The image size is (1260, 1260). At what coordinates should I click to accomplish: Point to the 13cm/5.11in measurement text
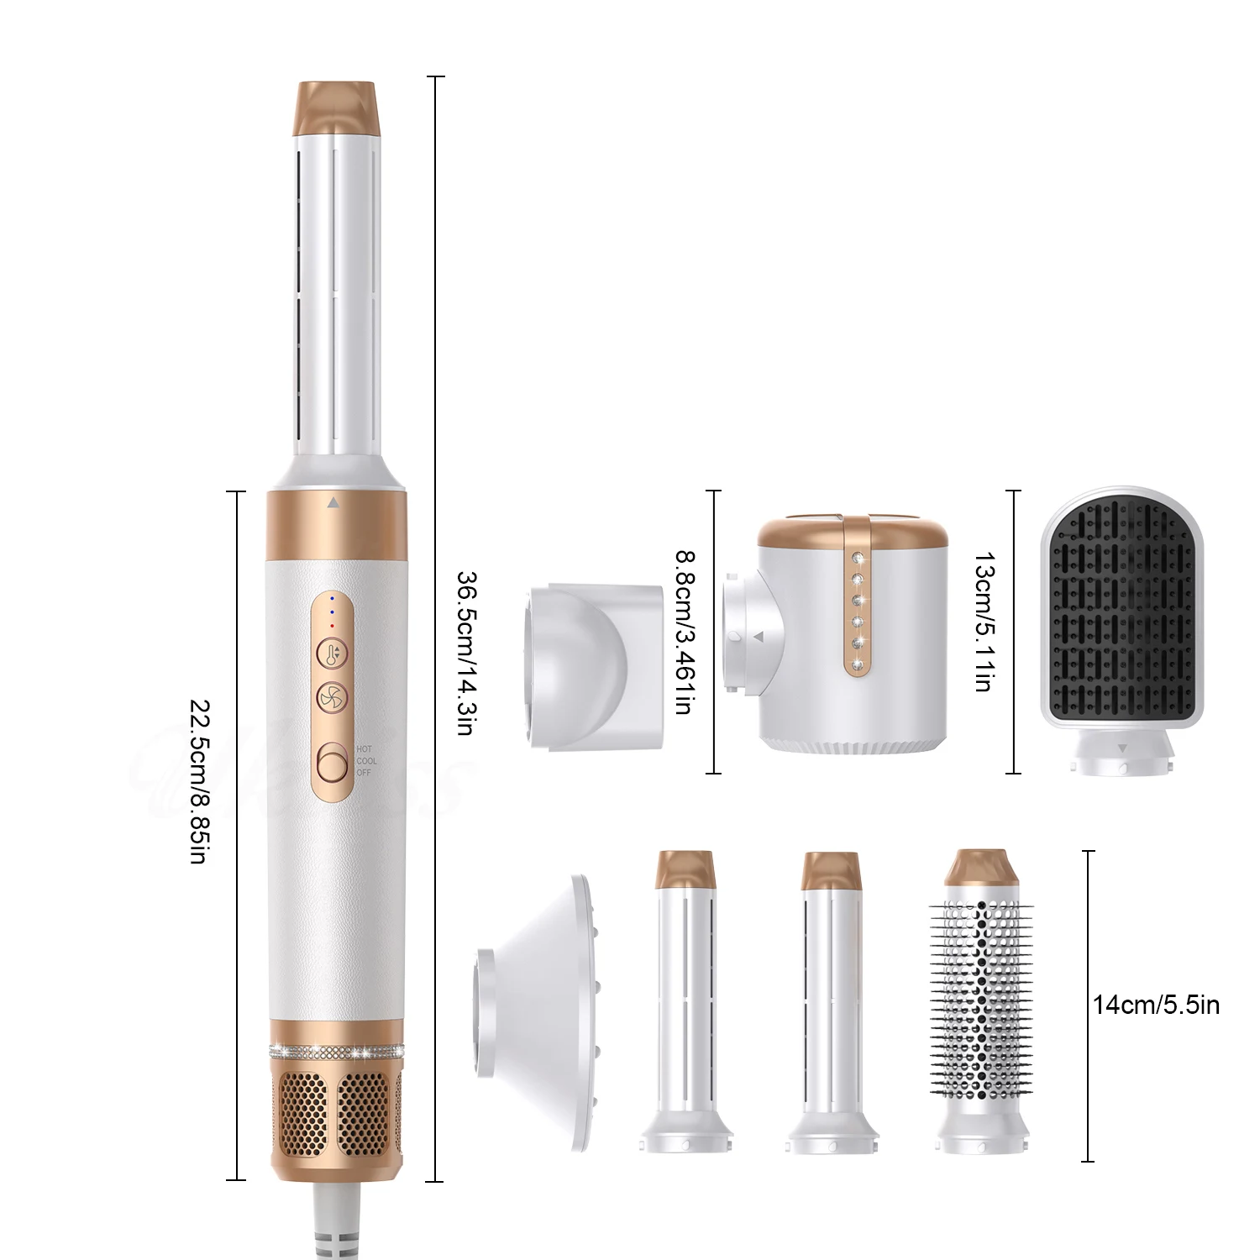tap(983, 622)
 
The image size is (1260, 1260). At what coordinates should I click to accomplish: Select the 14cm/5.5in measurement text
tap(1156, 1005)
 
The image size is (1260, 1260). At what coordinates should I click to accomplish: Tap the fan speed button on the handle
tap(332, 697)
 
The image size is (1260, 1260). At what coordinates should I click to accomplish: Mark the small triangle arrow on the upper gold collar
tap(333, 503)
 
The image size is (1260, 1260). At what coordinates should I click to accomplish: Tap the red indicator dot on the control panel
tap(332, 625)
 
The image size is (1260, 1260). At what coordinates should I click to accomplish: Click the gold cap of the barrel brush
tap(980, 869)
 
